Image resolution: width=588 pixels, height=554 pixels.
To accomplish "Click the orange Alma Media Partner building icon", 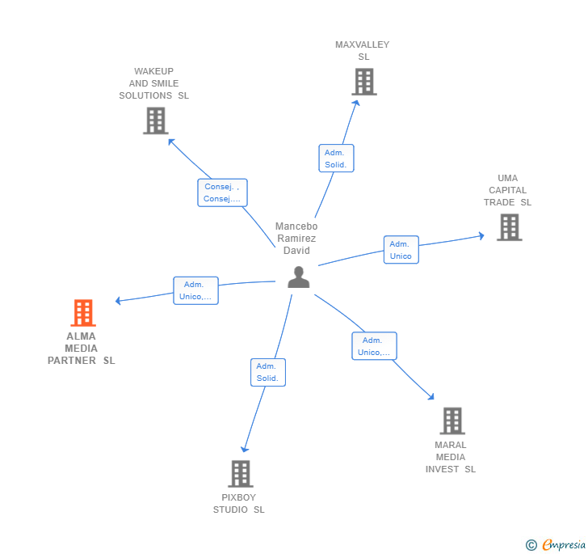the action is [82, 313].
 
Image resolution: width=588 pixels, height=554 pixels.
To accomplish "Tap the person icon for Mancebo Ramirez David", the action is [299, 277].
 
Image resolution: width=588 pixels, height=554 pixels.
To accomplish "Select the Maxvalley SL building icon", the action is [363, 82].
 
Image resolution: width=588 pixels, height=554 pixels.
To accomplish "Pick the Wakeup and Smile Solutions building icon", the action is [155, 121].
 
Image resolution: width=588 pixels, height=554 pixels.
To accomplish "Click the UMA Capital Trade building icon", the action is [509, 227].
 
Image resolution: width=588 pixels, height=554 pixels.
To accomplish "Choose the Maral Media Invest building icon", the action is [452, 421].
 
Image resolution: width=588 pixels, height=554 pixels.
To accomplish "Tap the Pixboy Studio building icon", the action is [240, 473].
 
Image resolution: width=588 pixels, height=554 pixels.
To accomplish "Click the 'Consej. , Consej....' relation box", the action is [222, 192].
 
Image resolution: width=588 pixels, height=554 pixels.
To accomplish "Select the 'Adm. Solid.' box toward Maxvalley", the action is [336, 159].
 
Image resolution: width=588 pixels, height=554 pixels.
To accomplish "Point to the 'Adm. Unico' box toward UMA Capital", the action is [401, 250].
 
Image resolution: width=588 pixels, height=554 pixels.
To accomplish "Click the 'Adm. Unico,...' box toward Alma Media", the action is [195, 290].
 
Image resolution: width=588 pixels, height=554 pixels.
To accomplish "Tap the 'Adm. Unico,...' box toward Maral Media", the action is [374, 346].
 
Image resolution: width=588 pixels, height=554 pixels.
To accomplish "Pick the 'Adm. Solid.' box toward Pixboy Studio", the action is [267, 372].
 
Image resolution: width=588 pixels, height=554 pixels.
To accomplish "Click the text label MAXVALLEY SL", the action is [363, 51].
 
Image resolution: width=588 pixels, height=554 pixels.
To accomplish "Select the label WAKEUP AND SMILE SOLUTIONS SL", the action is [154, 83].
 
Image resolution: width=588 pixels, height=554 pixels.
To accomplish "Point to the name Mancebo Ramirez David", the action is [296, 239].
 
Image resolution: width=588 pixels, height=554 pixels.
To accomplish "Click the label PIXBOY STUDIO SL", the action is [239, 504].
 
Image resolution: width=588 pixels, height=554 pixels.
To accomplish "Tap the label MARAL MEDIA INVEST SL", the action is [451, 457].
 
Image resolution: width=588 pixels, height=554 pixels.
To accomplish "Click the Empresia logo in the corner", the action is [556, 545].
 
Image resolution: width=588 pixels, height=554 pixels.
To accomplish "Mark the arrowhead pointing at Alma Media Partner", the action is [118, 301].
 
